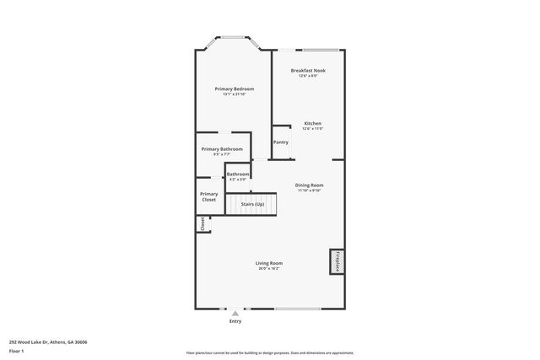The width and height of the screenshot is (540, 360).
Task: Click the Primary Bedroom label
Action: [x=234, y=89]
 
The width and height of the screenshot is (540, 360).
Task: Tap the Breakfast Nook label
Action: [x=308, y=70]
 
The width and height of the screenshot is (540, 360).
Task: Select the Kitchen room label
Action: [x=312, y=123]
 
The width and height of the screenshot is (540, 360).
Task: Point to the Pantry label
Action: [x=281, y=142]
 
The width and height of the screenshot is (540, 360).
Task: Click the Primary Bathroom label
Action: [x=222, y=149]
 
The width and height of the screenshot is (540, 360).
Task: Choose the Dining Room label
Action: [x=309, y=185]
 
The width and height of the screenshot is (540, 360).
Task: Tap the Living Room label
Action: [x=269, y=263]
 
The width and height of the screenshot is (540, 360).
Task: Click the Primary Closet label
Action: [x=208, y=196]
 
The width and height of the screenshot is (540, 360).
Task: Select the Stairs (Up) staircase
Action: [x=252, y=203]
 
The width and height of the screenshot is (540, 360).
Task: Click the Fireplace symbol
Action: [x=337, y=261]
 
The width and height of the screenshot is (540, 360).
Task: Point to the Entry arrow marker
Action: [x=235, y=314]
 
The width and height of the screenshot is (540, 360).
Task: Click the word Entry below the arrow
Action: [x=235, y=322]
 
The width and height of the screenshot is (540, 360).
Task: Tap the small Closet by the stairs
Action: [x=202, y=224]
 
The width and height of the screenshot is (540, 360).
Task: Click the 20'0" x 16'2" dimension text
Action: [x=269, y=269]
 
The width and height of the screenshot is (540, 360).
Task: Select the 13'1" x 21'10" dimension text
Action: [x=234, y=94]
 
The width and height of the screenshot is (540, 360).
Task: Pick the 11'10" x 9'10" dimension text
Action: [x=309, y=191]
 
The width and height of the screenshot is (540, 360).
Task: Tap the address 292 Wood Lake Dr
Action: [x=48, y=341]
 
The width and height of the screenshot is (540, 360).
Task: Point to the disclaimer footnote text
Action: [x=270, y=353]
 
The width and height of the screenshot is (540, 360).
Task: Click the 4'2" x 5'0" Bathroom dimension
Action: [x=237, y=180]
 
